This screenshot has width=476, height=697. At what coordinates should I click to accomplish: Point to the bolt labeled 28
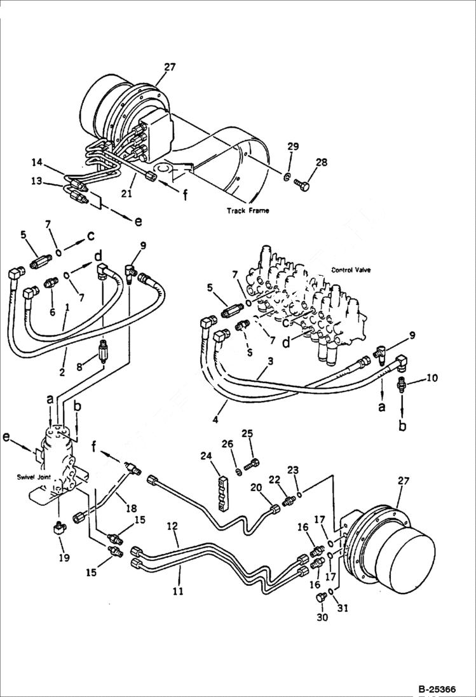(x=303, y=184)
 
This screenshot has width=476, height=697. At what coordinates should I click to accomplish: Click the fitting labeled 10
(x=402, y=384)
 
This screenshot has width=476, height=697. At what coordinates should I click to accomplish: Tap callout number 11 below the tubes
(x=179, y=592)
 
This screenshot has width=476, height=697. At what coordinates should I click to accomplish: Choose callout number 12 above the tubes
(x=172, y=527)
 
